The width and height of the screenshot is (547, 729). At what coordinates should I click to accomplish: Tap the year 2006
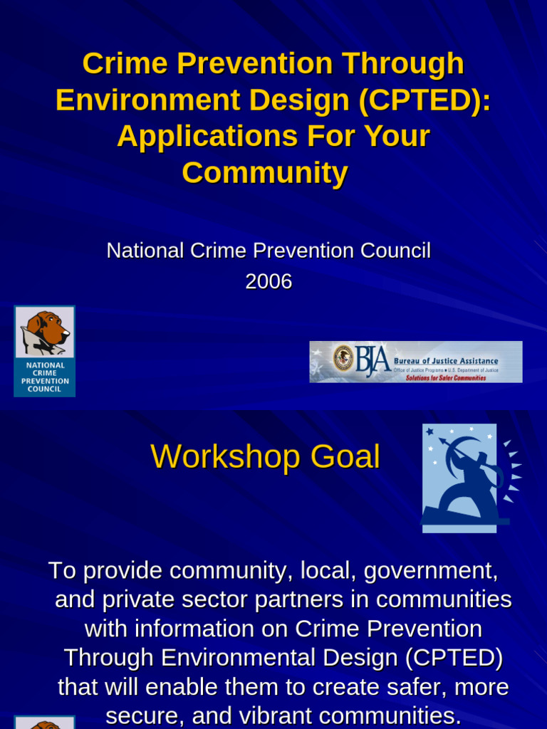[x=269, y=282]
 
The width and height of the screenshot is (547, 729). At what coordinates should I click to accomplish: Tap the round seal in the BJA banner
[x=343, y=357]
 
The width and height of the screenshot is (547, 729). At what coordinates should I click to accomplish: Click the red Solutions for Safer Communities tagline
[x=446, y=378]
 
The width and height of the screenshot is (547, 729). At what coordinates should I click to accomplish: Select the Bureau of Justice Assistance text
[x=446, y=360]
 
